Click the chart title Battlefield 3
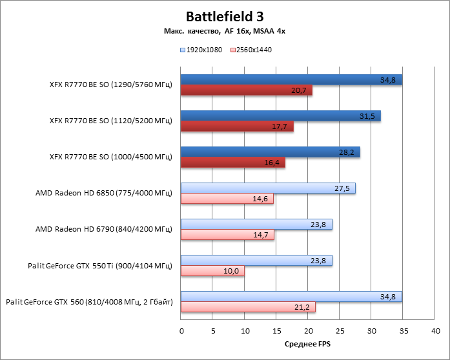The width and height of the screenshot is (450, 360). click(x=225, y=15)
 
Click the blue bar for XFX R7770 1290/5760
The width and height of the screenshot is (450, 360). click(x=291, y=80)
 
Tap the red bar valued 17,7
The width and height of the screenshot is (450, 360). click(x=237, y=126)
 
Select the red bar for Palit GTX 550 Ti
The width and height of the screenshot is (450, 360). click(x=212, y=271)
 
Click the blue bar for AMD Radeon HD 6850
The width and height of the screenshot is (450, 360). click(x=268, y=188)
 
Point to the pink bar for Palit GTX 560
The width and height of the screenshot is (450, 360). click(x=248, y=307)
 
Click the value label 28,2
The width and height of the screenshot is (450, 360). click(x=347, y=152)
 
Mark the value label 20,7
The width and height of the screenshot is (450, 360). click(x=299, y=90)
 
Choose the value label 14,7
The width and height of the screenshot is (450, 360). click(x=261, y=235)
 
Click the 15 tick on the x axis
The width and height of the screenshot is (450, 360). click(x=276, y=331)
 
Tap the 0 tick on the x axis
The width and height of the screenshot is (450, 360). click(x=181, y=331)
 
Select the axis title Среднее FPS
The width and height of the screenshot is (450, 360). click(x=307, y=345)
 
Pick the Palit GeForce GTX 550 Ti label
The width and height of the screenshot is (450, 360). click(x=100, y=265)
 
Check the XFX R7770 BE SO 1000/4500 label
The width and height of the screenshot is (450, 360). click(x=110, y=157)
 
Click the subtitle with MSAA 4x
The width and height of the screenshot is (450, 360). click(x=225, y=32)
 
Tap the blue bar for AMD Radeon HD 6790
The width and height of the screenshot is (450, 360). click(x=256, y=225)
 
